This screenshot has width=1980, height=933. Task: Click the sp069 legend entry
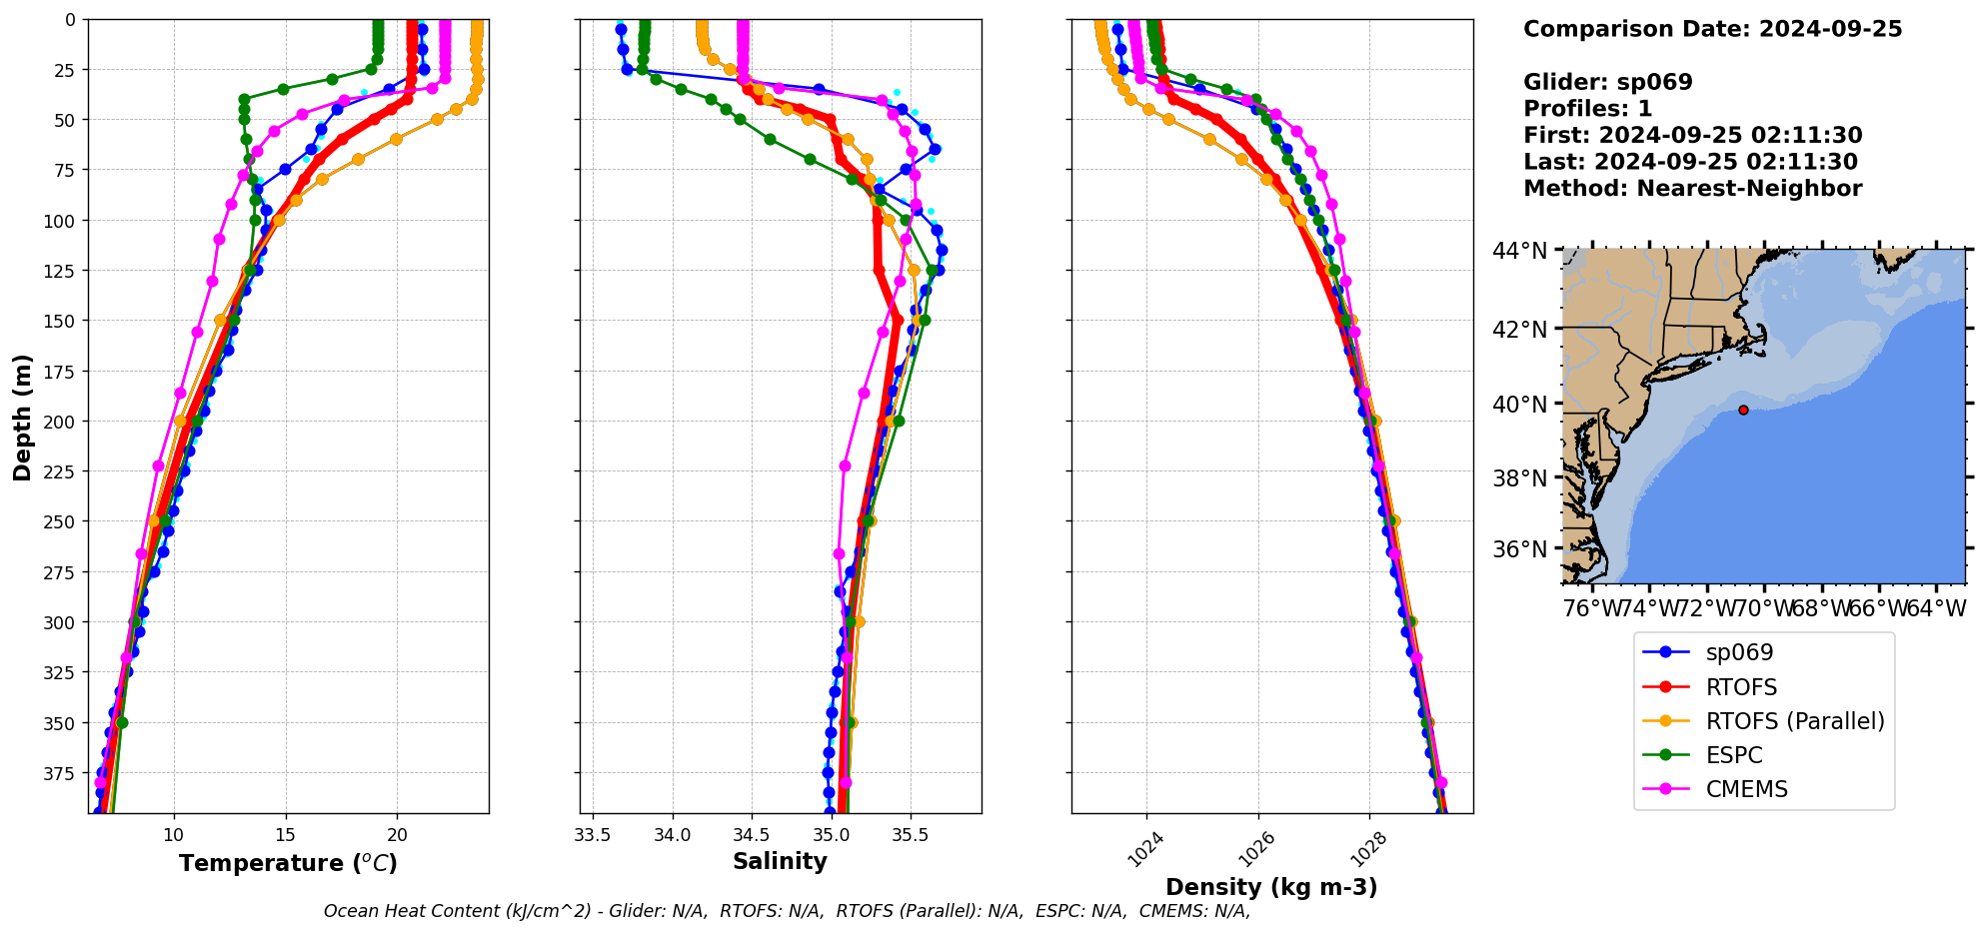tap(1738, 652)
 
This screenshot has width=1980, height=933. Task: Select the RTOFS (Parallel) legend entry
tap(1794, 721)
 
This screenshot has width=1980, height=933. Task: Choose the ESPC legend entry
tap(1733, 755)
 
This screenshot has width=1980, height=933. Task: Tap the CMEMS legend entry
tap(1746, 789)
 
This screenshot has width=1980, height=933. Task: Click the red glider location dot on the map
tap(1743, 410)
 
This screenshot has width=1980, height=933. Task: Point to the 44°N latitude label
tap(1519, 251)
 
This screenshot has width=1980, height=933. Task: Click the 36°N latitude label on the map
tap(1519, 549)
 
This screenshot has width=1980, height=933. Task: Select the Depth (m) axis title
tap(22, 417)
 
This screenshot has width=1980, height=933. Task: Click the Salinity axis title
tap(780, 861)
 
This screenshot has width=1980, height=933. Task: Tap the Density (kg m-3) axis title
tap(1271, 887)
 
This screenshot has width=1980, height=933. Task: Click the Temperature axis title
tap(288, 863)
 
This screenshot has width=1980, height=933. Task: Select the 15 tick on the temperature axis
tap(286, 835)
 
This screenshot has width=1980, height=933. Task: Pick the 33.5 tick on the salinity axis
tap(593, 835)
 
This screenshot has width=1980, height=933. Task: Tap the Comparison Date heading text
tap(1712, 29)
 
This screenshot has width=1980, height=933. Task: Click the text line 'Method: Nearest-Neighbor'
tap(1692, 189)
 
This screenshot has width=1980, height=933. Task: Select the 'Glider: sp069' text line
tap(1607, 82)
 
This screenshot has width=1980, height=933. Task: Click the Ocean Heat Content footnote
tap(787, 911)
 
